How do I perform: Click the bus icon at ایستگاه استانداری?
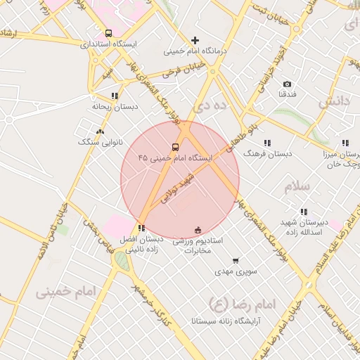(108, 33)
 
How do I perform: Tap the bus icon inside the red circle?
(175, 147)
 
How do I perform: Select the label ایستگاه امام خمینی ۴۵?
(175, 158)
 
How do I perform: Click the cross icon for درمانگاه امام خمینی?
(195, 40)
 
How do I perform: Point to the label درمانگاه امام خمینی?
(194, 51)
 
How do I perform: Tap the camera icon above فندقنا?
(288, 83)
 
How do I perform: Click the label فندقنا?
(288, 94)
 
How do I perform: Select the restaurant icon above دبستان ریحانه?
(115, 96)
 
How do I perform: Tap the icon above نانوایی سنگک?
(100, 131)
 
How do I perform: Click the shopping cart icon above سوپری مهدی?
(235, 260)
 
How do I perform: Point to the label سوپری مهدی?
(235, 271)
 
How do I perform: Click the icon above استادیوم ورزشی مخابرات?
(198, 229)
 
